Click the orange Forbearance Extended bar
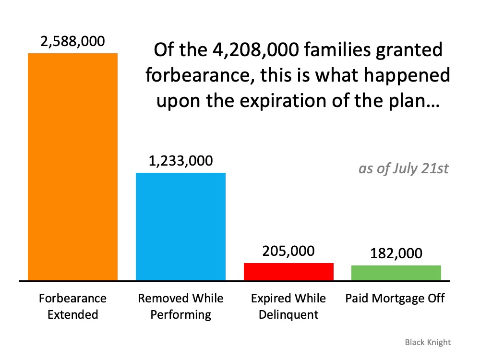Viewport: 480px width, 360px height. [x=72, y=167]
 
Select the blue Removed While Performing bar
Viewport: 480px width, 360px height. [x=180, y=226]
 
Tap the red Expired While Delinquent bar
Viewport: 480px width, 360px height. [x=288, y=271]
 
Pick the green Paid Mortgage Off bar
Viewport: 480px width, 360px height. [x=396, y=273]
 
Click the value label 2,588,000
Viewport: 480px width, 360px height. [x=72, y=42]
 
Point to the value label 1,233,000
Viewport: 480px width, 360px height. [x=180, y=161]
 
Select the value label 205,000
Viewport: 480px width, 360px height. [x=288, y=251]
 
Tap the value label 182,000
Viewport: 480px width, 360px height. [x=396, y=253]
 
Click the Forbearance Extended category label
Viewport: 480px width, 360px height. [x=72, y=306]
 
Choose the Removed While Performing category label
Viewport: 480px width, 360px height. [x=180, y=306]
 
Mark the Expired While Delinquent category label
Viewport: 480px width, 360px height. [x=288, y=306]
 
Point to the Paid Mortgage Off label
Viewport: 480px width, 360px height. [x=395, y=299]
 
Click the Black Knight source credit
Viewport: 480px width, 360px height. [x=428, y=342]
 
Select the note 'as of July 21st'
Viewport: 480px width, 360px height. [x=403, y=169]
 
